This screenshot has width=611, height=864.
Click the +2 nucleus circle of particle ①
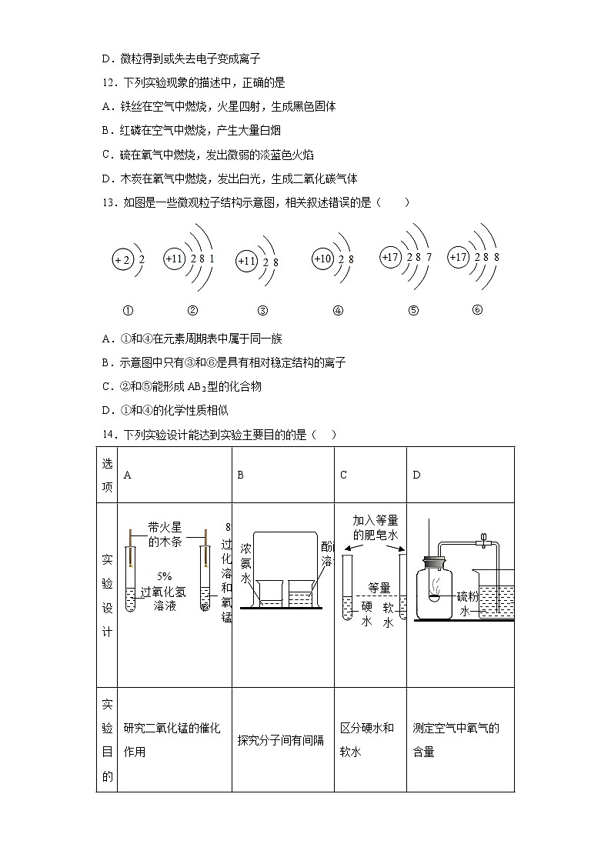pyautogui.click(x=122, y=260)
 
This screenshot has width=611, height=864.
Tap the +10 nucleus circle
pyautogui.click(x=322, y=259)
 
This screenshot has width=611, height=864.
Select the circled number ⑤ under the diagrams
pyautogui.click(x=413, y=311)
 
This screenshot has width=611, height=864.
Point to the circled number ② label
pyautogui.click(x=192, y=311)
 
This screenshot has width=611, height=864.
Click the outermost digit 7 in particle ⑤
pyautogui.click(x=429, y=257)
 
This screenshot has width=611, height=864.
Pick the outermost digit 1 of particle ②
pyautogui.click(x=212, y=259)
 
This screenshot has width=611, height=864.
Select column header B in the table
pyautogui.click(x=240, y=475)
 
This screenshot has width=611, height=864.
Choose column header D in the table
pyautogui.click(x=416, y=475)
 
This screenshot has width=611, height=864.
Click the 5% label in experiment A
pyautogui.click(x=164, y=575)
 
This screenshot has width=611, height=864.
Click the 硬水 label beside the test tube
pyautogui.click(x=366, y=614)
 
